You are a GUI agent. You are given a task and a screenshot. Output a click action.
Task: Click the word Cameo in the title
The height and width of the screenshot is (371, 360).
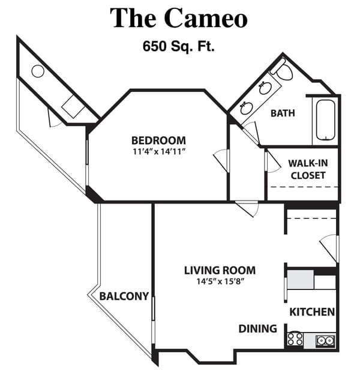205,18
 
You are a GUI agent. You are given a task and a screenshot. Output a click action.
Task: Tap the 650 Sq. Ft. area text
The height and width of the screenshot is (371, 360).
179,46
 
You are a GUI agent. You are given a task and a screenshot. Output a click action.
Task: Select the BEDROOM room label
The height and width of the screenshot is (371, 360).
158,140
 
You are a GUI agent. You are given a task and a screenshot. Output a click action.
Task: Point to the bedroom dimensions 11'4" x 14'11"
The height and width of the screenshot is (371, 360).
158,151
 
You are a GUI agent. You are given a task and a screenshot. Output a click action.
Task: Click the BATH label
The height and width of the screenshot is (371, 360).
283,113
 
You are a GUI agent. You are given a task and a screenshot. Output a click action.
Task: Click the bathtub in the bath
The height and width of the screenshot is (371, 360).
326,120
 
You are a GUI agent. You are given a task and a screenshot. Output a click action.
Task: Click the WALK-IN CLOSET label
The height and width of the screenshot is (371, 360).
307,169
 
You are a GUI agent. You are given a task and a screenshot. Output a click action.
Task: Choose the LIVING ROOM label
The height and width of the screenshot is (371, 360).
219,270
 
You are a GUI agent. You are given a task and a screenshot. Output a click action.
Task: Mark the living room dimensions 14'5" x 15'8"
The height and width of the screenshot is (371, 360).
219,281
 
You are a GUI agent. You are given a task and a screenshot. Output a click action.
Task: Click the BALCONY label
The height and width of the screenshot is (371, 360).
124,296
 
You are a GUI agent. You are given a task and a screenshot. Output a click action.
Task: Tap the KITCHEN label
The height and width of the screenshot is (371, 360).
312,312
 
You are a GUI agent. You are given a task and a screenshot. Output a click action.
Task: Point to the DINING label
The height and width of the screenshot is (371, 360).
258,328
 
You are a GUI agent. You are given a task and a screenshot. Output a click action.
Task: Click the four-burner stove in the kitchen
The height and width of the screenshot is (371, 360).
295,339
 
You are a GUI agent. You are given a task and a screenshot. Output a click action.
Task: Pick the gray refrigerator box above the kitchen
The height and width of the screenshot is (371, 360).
300,280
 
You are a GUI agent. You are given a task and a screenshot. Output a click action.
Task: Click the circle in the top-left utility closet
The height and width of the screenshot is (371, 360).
38,71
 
